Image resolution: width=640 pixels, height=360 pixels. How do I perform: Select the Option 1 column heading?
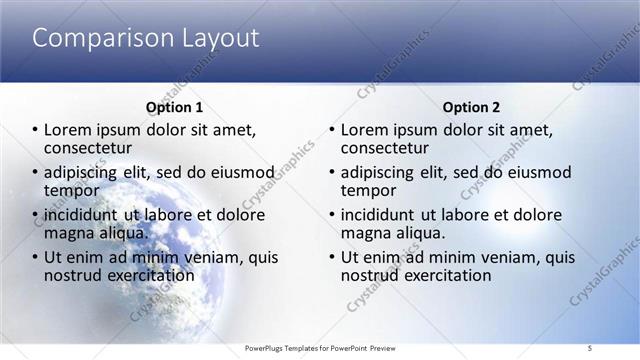(x=175, y=107)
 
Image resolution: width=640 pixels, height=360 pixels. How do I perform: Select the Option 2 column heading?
(x=472, y=107)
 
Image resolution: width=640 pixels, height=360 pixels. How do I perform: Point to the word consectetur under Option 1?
(x=89, y=149)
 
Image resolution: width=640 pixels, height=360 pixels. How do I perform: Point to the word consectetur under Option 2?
(x=386, y=149)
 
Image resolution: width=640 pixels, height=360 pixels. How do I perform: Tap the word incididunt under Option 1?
(x=83, y=215)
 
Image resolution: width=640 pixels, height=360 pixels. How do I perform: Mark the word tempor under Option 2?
(x=369, y=190)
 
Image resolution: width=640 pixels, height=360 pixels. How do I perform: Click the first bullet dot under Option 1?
(x=35, y=131)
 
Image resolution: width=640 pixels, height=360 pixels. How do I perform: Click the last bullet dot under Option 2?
(x=332, y=257)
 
